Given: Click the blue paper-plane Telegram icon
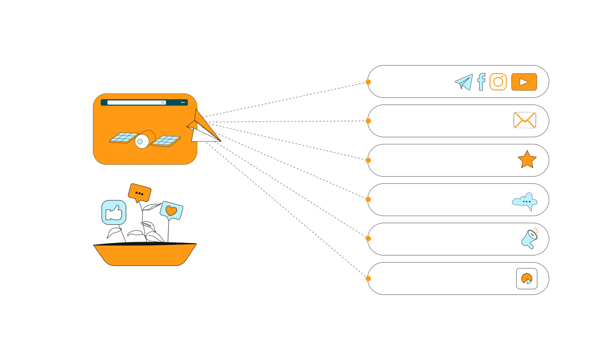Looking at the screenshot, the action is click(x=464, y=82).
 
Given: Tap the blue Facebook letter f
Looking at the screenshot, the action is click(x=481, y=82).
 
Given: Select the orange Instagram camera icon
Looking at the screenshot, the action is click(x=498, y=82).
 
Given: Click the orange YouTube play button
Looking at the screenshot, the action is click(x=524, y=82).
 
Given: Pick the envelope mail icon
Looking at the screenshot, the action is click(x=525, y=120).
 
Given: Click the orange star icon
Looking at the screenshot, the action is click(x=527, y=160).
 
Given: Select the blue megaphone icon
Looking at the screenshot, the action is click(x=529, y=239).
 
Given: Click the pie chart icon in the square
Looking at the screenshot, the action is click(x=527, y=279).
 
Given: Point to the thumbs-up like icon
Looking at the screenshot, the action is click(x=114, y=212).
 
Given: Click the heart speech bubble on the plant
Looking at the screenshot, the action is click(x=171, y=211).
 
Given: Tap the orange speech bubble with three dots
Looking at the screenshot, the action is click(x=139, y=193).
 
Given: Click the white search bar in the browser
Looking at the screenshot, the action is click(x=137, y=103).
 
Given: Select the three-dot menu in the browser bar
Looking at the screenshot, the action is click(x=183, y=103).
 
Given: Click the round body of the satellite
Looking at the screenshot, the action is click(x=142, y=141).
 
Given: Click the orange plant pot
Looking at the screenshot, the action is click(x=145, y=254).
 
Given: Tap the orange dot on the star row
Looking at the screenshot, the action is click(x=368, y=160).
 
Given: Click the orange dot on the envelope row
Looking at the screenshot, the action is click(x=368, y=121).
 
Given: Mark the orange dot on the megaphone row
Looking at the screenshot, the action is click(x=368, y=239).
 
